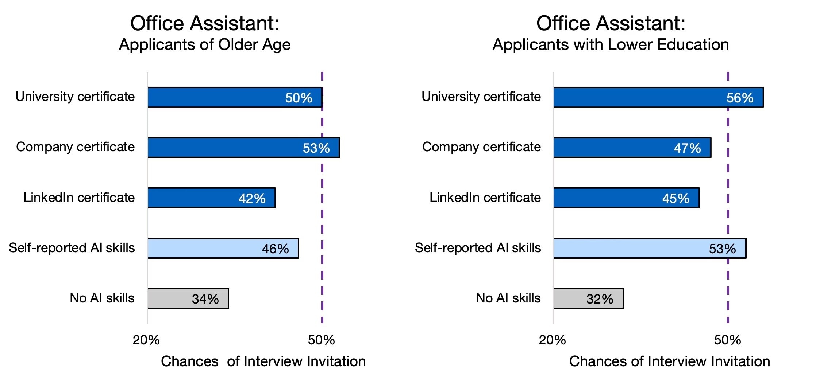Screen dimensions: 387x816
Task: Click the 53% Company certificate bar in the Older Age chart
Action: pos(243,148)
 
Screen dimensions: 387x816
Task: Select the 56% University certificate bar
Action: pos(658,97)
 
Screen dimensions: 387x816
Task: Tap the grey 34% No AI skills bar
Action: pos(188,298)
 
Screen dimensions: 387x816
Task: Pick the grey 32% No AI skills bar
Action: pos(588,298)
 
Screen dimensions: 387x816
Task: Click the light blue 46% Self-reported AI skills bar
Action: pos(223,248)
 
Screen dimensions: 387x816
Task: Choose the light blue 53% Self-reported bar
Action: pos(650,248)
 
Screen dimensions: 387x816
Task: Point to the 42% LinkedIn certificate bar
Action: pos(211,198)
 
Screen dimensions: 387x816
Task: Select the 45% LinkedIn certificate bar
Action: pos(626,198)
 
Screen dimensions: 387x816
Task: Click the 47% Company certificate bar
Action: pos(632,148)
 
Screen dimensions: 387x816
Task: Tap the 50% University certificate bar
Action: pos(235,97)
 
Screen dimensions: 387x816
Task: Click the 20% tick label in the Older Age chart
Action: pos(146,340)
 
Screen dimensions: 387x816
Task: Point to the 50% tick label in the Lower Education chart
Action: pos(727,340)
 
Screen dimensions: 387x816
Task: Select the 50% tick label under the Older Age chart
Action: pos(321,340)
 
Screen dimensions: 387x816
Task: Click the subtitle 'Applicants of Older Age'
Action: pos(205,45)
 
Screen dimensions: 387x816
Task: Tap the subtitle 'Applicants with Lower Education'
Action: pos(611,45)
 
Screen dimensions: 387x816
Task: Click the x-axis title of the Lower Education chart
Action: pos(669,361)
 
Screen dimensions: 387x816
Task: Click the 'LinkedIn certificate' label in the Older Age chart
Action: pos(79,198)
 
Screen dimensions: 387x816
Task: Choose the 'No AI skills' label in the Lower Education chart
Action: pos(508,298)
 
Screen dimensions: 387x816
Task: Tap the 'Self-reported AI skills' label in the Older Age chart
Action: pos(72,248)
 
